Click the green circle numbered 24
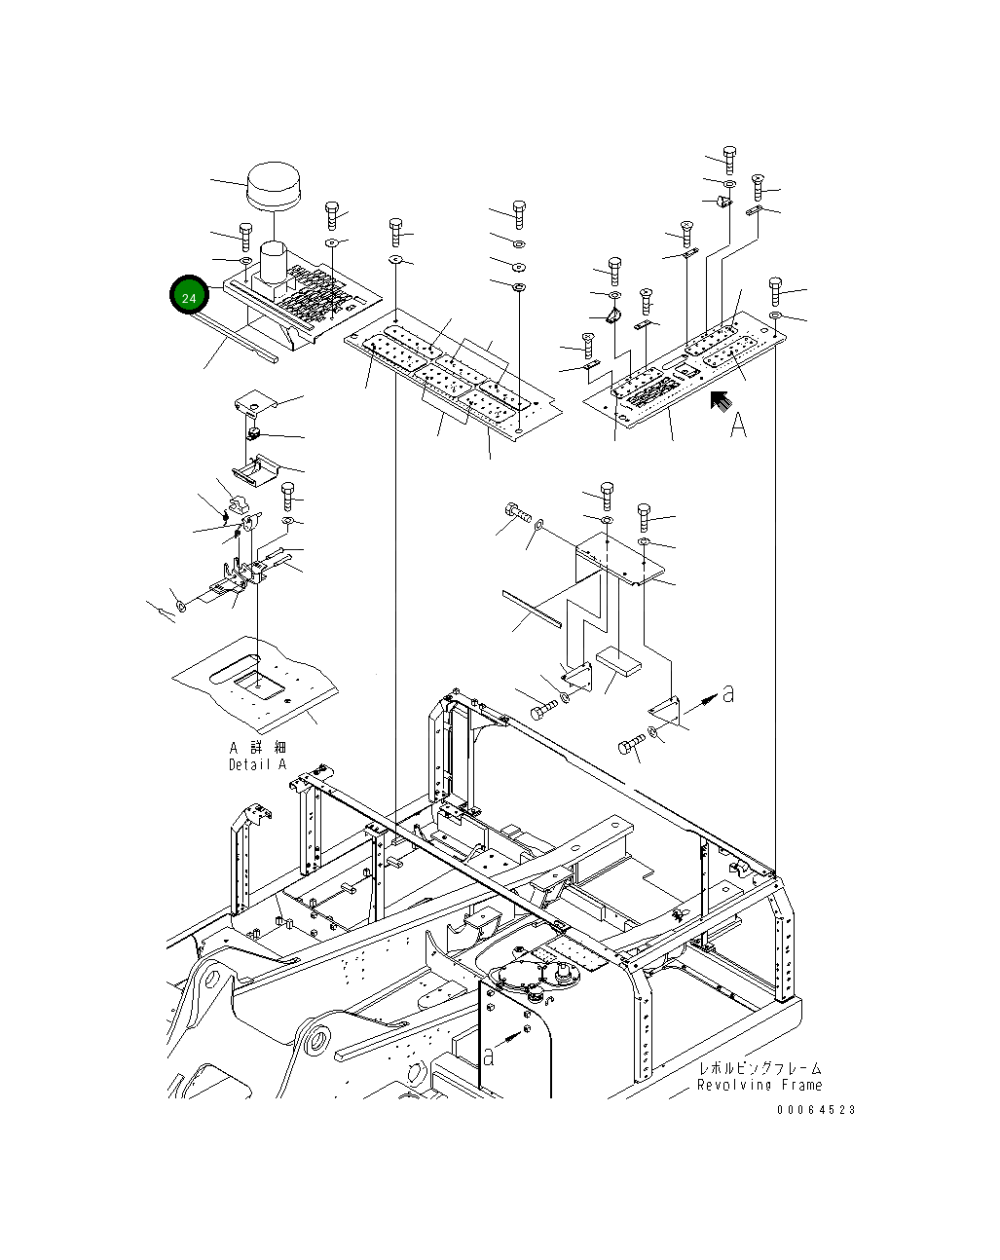pos(189,296)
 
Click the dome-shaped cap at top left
pos(276,185)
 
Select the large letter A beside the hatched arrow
pos(739,425)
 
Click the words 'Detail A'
pos(258,765)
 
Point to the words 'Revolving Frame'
pos(759,1085)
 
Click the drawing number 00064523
pos(817,1110)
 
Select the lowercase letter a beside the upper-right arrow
pos(727,693)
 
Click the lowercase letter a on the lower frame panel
pos(489,1056)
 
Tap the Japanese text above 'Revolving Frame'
pos(759,1069)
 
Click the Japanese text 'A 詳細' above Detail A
pos(258,748)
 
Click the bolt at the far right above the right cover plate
pos(775,287)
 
